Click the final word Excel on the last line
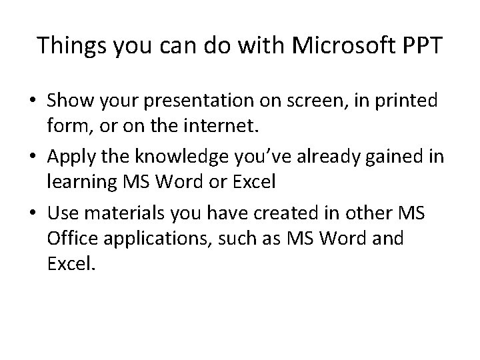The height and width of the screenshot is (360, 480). tap(71, 263)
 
